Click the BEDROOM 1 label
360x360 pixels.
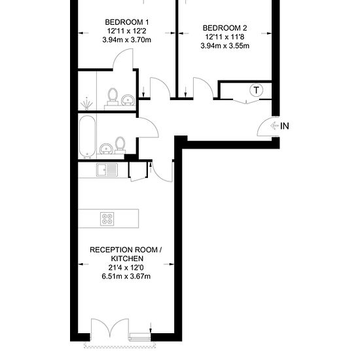(127, 22)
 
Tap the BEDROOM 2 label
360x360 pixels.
(225, 28)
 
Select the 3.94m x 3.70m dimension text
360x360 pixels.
(127, 40)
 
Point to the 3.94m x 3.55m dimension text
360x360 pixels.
(225, 46)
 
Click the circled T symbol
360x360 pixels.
(256, 90)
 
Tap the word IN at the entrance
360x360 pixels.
(285, 126)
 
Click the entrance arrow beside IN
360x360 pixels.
(274, 126)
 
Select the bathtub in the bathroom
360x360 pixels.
(87, 137)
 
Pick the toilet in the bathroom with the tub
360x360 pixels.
(120, 145)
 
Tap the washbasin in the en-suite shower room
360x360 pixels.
(128, 100)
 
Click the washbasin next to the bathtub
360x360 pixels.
(106, 149)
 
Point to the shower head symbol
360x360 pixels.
(86, 103)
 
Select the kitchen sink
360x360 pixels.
(107, 170)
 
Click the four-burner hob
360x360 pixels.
(107, 219)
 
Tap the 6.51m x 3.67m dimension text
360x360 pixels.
(126, 276)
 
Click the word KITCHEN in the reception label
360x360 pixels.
(127, 259)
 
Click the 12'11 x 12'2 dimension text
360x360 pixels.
(127, 31)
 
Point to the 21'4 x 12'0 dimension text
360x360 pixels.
(126, 268)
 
